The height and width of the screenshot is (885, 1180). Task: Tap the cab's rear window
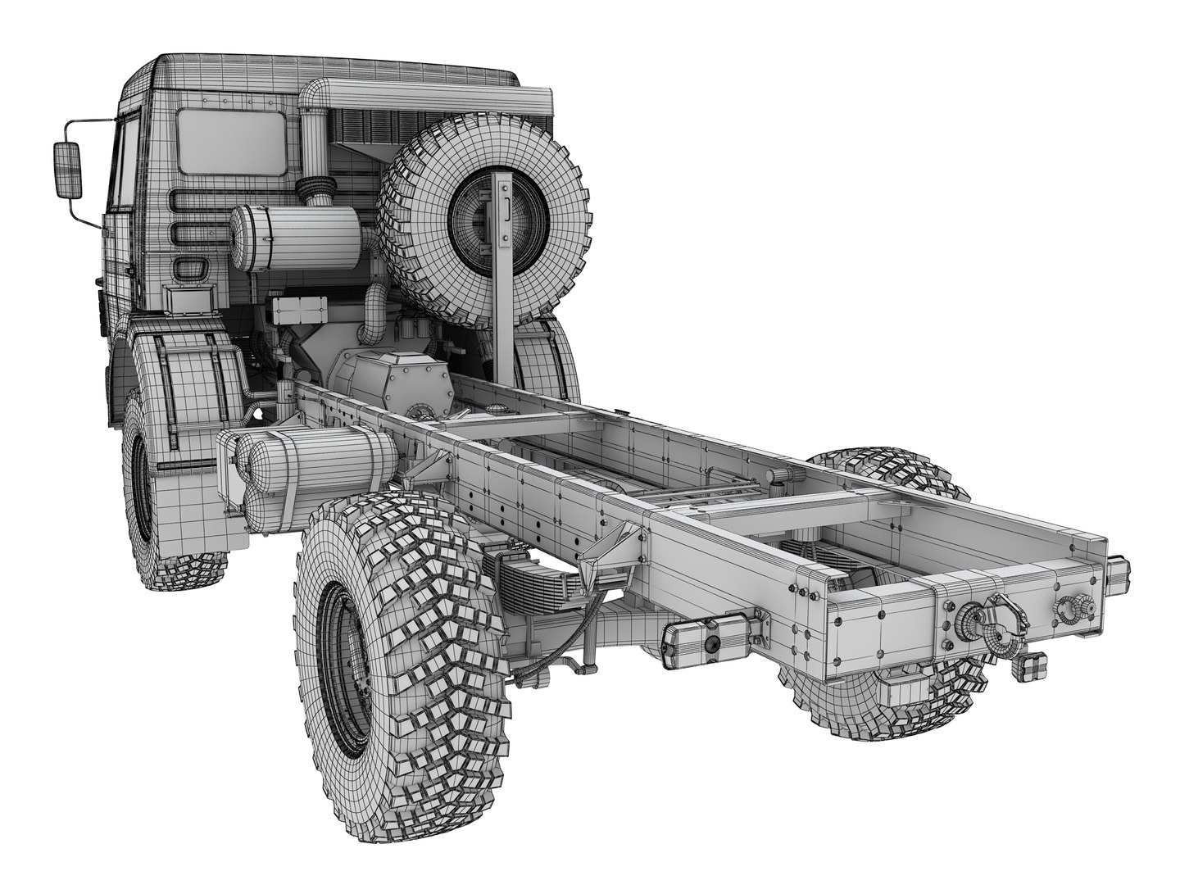point(232,141)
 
